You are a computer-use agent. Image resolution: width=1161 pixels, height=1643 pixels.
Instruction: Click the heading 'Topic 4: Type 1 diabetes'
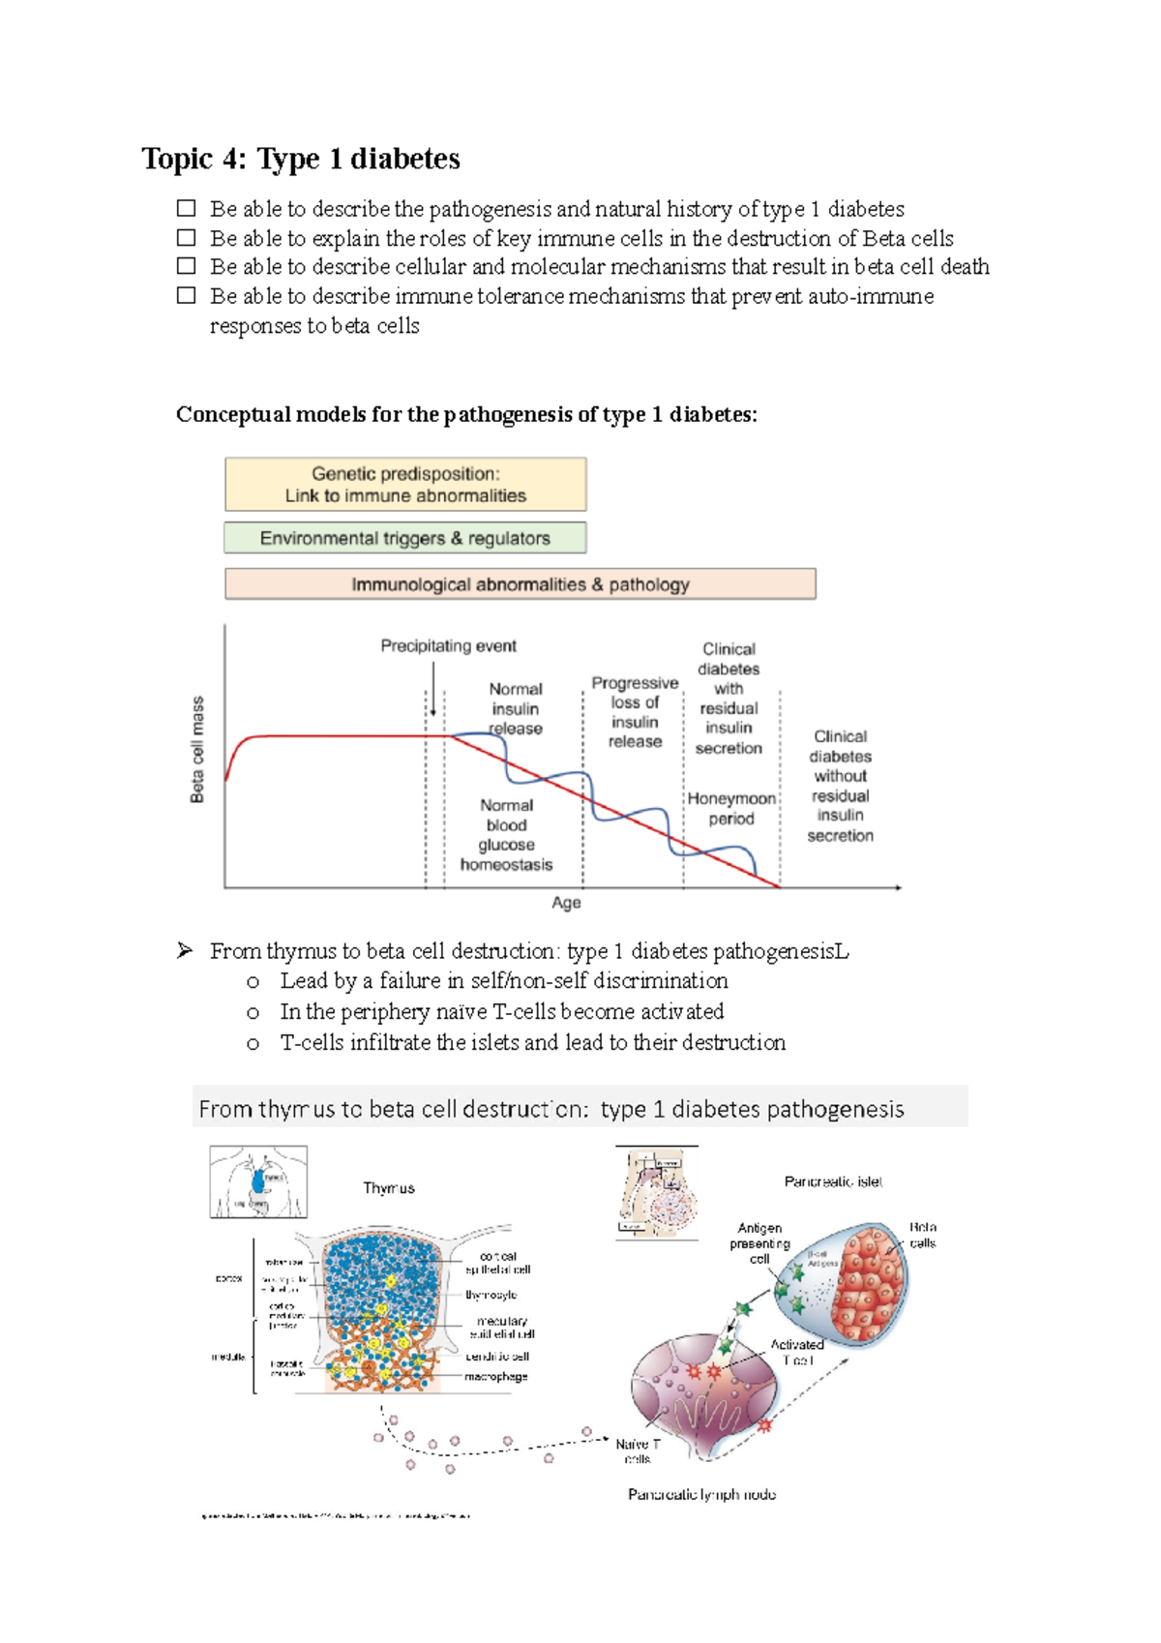coord(301,159)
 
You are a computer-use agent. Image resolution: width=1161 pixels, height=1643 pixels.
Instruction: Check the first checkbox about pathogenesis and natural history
coord(187,208)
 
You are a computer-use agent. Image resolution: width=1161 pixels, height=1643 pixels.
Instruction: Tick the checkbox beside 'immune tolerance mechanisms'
coord(187,295)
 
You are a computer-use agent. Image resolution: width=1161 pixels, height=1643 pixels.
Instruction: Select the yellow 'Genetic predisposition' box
coord(405,485)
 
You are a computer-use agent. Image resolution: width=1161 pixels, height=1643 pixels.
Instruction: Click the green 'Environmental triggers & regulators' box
coord(405,538)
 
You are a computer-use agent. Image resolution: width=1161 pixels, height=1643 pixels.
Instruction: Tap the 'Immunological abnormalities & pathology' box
coord(521,584)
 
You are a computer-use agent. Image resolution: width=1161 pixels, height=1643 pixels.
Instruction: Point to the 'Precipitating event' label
coord(448,645)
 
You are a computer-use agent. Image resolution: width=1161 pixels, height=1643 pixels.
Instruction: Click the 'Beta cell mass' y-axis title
coord(197,750)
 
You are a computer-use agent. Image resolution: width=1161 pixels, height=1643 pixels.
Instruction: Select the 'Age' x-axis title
coord(566,903)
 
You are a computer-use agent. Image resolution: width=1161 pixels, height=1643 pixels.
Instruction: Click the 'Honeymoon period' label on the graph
coord(731,809)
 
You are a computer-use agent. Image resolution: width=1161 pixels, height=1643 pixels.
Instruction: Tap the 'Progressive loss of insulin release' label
coord(635,712)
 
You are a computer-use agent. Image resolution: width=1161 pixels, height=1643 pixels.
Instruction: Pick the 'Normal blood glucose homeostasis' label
coord(506,835)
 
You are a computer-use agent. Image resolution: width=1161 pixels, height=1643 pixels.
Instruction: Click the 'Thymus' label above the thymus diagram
coord(389,1188)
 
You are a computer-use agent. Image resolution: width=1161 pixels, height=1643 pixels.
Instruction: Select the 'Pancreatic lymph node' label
coord(701,1495)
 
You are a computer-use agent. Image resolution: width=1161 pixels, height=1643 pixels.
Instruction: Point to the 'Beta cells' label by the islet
coord(922,1236)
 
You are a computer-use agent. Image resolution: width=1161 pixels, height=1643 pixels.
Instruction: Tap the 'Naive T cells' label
coord(638,1450)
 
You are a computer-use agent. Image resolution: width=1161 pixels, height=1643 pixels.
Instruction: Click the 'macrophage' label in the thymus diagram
coord(496,1377)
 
